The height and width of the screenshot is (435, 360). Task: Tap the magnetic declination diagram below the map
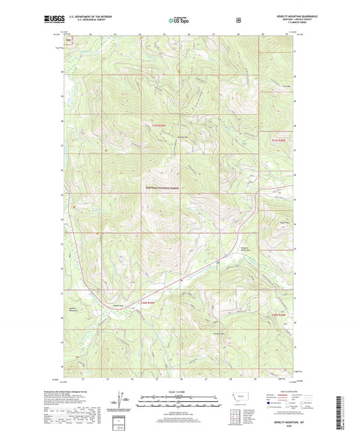point(123,401)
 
